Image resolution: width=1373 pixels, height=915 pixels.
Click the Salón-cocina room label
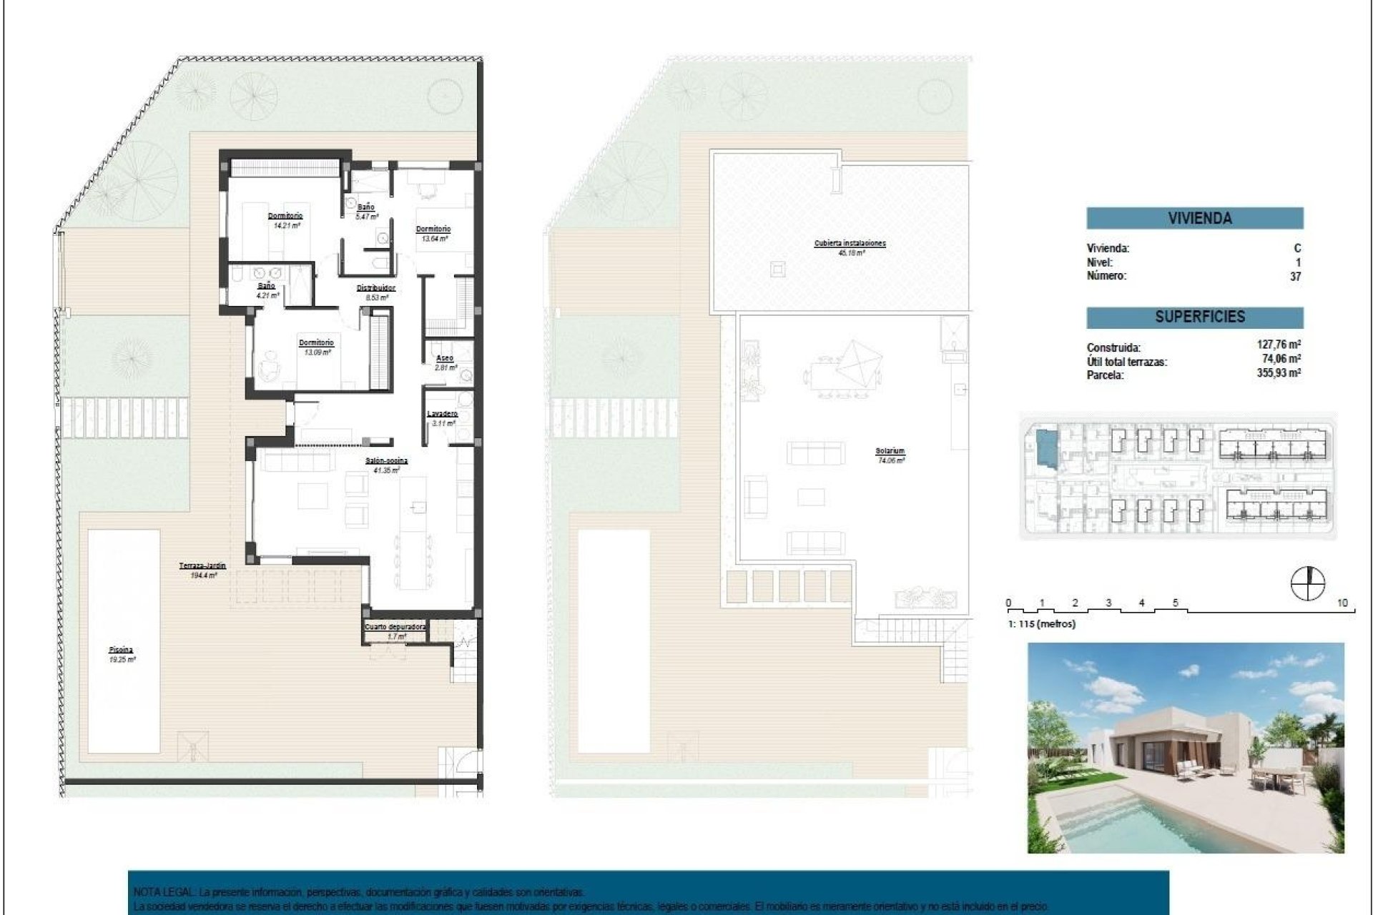387,461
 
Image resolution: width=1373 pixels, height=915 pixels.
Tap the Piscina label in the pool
122,650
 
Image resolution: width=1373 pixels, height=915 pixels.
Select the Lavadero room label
442,414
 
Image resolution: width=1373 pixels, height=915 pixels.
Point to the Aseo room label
445,358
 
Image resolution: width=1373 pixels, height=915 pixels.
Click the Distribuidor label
376,288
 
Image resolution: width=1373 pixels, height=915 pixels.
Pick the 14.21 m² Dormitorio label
285,216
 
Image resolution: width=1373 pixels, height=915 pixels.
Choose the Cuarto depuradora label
395,627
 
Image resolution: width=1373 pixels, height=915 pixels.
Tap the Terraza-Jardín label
202,565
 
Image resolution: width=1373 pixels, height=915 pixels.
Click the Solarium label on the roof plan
890,451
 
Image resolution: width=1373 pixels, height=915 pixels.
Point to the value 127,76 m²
1279,345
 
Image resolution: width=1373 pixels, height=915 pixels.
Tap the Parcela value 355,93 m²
1279,372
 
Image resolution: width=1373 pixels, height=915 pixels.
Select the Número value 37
1295,276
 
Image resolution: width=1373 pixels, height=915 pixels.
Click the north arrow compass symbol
1307,583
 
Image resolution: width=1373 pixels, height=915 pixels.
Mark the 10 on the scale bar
1342,603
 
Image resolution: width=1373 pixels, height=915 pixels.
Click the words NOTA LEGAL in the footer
160,892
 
